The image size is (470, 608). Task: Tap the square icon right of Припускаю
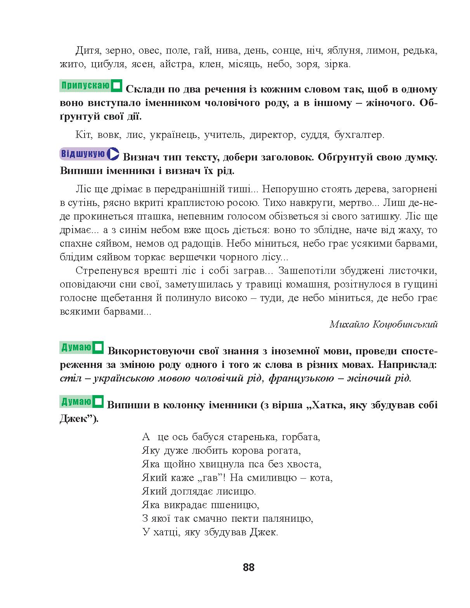(116, 86)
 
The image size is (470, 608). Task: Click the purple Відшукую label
(82, 154)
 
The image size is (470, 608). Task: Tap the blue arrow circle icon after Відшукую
(113, 154)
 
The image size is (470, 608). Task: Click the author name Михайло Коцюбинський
(383, 324)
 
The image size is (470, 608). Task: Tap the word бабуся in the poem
(210, 437)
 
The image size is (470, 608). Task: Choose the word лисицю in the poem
(237, 491)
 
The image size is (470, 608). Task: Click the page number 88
(248, 567)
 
